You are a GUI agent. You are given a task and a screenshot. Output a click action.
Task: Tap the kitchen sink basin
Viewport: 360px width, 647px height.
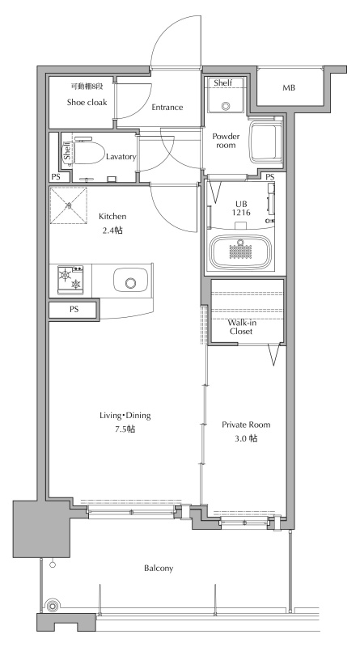click(x=130, y=282)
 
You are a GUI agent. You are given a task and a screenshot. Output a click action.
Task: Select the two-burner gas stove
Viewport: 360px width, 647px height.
click(x=70, y=280)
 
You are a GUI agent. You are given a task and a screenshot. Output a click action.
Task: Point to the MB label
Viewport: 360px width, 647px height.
click(x=289, y=88)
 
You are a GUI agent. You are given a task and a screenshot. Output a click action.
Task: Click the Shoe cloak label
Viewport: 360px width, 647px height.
click(x=87, y=102)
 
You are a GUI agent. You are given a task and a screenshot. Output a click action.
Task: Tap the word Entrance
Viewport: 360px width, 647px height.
click(x=167, y=108)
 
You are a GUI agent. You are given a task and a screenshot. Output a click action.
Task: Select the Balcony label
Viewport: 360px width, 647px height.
click(x=159, y=569)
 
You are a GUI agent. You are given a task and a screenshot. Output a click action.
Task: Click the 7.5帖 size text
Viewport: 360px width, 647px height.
click(x=125, y=429)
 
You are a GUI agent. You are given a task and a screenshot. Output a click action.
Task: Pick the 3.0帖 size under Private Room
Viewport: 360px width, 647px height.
click(x=246, y=438)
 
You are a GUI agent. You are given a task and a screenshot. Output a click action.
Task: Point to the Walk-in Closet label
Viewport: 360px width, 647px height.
click(x=241, y=327)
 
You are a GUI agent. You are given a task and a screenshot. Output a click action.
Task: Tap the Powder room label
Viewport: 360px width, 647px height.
click(x=226, y=141)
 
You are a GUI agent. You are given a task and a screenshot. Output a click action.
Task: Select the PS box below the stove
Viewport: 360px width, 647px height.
click(x=74, y=310)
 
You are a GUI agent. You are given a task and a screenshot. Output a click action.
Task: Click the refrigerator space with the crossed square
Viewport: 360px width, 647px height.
click(x=69, y=205)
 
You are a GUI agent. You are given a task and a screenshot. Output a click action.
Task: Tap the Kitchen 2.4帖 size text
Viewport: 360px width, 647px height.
click(x=112, y=230)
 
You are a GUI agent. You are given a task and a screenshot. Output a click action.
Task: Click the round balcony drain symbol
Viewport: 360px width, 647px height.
click(x=52, y=606)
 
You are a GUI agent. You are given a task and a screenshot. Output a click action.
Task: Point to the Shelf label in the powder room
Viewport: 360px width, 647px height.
click(x=223, y=83)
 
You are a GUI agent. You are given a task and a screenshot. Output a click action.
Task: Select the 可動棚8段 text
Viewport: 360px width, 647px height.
click(x=87, y=87)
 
